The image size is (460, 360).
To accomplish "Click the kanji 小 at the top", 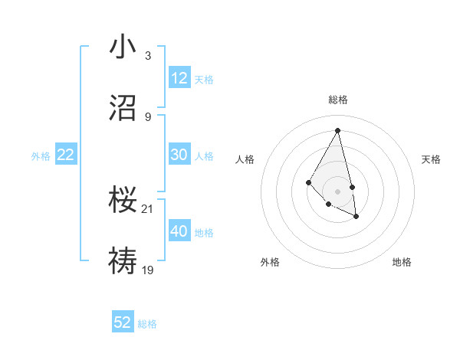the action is (123, 48).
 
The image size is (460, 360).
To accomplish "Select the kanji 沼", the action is (123, 108).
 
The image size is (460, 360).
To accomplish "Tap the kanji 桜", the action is (123, 200).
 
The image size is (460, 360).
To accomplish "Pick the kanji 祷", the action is (123, 260).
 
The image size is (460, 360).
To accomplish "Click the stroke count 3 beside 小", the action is (147, 56).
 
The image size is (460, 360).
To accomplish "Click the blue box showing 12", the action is (179, 78).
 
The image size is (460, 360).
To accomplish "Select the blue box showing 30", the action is (179, 155).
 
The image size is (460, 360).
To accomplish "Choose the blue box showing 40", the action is (179, 231).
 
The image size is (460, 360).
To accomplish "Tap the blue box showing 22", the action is (66, 155).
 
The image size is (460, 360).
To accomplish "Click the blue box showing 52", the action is (123, 322).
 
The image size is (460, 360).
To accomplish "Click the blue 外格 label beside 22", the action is (41, 156).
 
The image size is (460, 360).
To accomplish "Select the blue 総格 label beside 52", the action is (147, 324).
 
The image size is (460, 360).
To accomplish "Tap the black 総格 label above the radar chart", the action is (337, 100).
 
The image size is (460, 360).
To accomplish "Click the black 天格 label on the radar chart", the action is (431, 159).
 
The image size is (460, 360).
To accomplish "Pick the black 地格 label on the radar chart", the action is (402, 262).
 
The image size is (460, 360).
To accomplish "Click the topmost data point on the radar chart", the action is (337, 130).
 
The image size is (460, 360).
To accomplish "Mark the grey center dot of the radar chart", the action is (337, 191).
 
